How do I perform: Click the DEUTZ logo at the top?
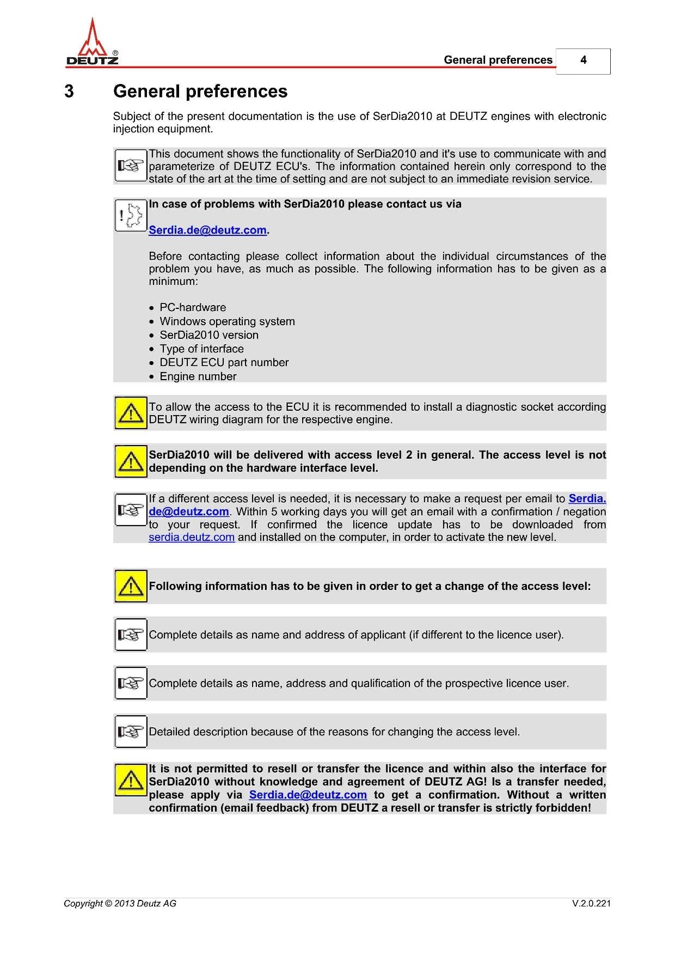pos(92,44)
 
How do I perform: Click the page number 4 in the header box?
pos(583,60)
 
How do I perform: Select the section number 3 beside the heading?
pos(69,92)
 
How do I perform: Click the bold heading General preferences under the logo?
pos(200,92)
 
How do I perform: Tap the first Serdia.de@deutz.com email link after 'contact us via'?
pos(207,230)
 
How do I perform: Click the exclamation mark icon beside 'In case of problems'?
pos(131,215)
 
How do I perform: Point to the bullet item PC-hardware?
pos(193,307)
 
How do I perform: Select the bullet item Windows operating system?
pos(227,321)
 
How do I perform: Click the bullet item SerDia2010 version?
pos(209,335)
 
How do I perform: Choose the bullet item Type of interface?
pos(201,349)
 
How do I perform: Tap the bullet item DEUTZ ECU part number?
pos(224,362)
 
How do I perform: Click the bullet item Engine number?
pos(198,376)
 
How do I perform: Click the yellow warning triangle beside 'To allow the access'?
pos(131,413)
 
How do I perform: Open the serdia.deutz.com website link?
pos(192,538)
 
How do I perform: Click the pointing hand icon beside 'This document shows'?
pos(131,166)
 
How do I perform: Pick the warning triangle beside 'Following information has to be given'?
pos(131,586)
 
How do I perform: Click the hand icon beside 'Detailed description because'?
pos(131,732)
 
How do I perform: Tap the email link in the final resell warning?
pos(308,795)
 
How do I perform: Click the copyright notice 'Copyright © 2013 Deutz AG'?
pos(120,904)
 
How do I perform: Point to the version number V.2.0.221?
pos(591,904)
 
